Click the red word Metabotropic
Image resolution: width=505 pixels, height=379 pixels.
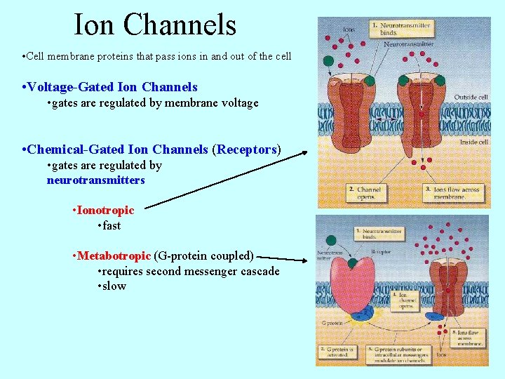114,255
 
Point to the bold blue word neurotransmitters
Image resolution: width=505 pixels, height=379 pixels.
95,180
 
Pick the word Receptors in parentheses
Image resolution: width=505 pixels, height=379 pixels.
246,149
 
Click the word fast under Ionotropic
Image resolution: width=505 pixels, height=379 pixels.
111,225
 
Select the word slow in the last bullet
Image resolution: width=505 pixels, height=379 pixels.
114,286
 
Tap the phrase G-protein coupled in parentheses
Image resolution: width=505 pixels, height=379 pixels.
203,255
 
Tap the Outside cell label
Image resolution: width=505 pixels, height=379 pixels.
472,97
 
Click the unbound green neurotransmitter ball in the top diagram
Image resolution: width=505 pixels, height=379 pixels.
328,60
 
